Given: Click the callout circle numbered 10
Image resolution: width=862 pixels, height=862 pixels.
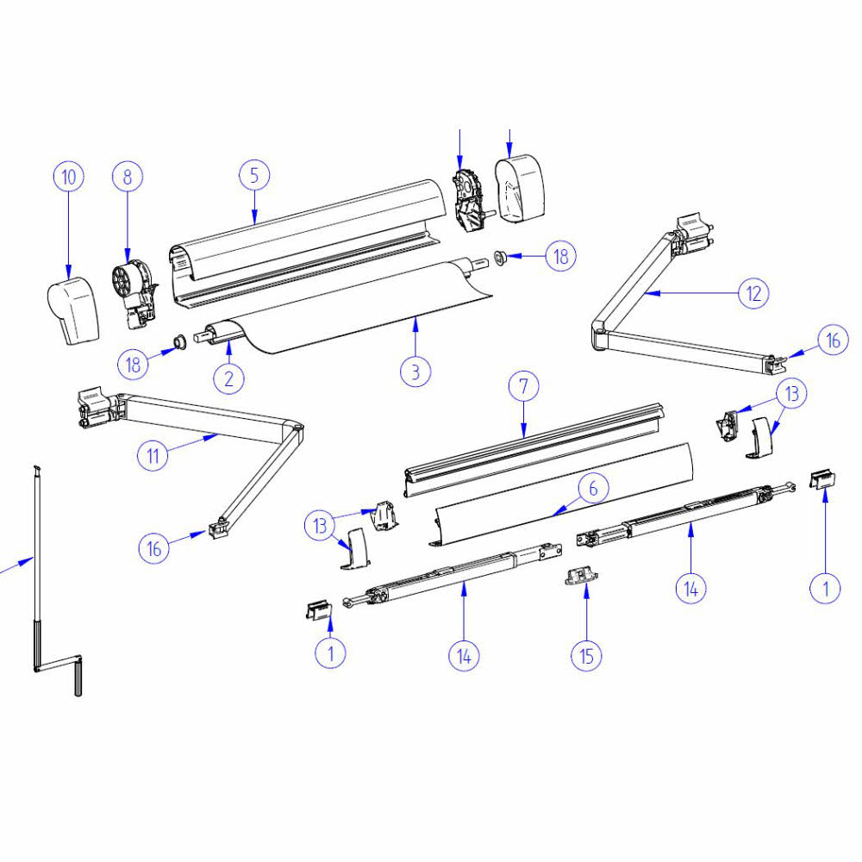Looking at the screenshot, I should tap(69, 178).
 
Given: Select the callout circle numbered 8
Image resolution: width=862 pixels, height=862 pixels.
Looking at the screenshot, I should tap(128, 178).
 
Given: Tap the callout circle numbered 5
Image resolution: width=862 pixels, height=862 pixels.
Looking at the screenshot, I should tap(254, 176).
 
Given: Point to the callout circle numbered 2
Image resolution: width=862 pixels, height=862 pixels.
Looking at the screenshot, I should tap(229, 377).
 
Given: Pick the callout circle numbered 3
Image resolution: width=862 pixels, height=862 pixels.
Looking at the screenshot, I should tap(415, 372).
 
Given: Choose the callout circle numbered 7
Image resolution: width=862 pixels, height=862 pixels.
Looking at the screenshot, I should tap(523, 388).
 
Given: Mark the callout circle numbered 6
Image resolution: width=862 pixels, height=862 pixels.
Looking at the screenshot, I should tap(593, 489).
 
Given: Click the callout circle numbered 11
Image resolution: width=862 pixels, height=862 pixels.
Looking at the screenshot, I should tap(153, 454).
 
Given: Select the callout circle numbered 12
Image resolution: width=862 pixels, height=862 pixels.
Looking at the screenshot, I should tap(753, 293).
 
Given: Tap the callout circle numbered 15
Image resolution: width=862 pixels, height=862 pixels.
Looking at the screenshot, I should tap(586, 655).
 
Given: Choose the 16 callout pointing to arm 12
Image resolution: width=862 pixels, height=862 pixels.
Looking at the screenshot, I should tap(833, 340).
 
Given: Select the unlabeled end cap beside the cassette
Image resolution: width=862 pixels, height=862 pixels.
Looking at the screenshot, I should tap(520, 190).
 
